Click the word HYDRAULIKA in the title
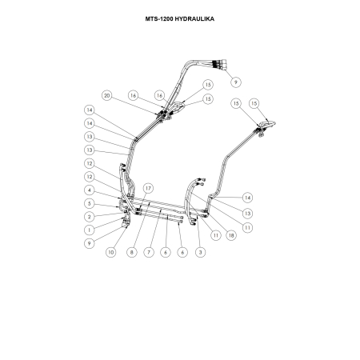coord(194,19)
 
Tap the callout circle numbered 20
coord(107,95)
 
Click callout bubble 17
coord(148,188)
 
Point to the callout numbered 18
coord(231,235)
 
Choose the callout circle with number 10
coord(111,252)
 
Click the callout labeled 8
coord(132,252)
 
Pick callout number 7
coord(149,252)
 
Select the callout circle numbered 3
coord(201,252)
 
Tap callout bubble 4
coord(90,190)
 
